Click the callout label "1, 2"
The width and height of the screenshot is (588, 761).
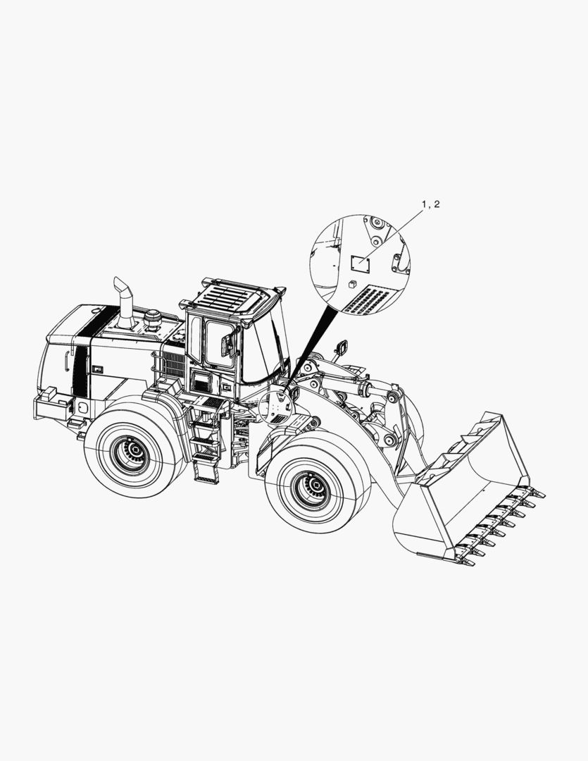coord(431,204)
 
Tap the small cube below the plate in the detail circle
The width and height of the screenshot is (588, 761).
coord(353,284)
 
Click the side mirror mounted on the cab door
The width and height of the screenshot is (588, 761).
coord(227,345)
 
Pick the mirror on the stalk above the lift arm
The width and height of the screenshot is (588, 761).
coord(341,347)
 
